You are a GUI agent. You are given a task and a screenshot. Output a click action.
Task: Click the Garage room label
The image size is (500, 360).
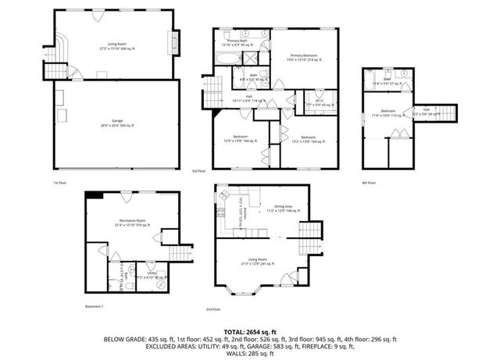click(117, 125)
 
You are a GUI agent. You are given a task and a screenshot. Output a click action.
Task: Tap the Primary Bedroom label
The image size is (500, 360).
click(307, 56)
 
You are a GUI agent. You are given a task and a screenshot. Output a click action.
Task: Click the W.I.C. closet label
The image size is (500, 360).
click(309, 103)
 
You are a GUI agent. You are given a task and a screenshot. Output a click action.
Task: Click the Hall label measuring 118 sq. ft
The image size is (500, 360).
click(248, 99)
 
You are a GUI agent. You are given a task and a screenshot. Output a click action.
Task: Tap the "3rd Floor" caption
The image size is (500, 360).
click(198, 171)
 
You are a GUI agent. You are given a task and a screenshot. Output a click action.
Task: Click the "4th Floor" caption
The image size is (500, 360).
click(370, 183)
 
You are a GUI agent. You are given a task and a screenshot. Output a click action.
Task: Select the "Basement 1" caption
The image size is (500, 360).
click(95, 307)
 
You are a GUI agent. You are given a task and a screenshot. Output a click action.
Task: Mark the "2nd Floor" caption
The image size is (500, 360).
click(212, 309)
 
